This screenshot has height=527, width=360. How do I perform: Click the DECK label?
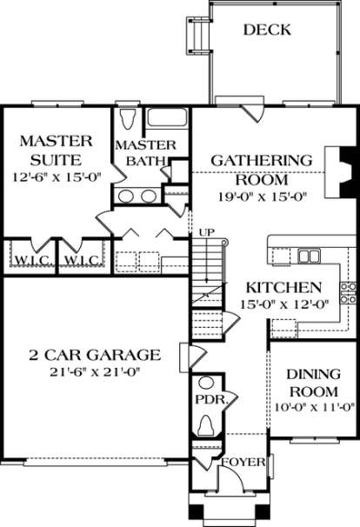(x=267, y=30)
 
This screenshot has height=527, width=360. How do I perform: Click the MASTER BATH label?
(x=146, y=152)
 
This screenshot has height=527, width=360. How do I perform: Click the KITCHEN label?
(x=284, y=288)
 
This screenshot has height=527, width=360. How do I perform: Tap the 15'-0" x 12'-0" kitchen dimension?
(x=283, y=305)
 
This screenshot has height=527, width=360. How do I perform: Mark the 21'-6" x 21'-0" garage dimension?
(x=94, y=371)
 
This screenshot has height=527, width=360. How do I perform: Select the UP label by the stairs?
(x=206, y=233)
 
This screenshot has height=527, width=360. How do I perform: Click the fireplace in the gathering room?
(x=335, y=174)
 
